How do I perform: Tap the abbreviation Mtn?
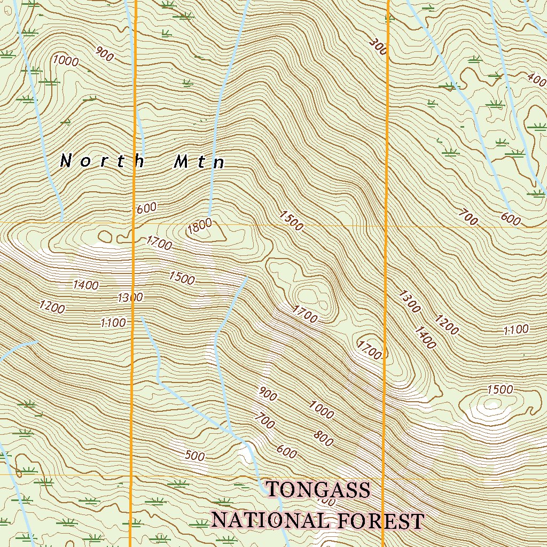(x=199, y=162)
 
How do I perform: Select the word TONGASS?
(x=318, y=489)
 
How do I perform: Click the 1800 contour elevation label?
(x=200, y=228)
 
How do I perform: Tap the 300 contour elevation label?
(x=378, y=47)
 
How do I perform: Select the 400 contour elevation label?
(x=536, y=80)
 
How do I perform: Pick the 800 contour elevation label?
(x=323, y=439)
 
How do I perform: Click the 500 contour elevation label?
(x=195, y=456)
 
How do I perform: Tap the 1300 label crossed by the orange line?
(x=130, y=297)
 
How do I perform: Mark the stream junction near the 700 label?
(x=230, y=430)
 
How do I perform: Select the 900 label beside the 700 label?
(x=268, y=395)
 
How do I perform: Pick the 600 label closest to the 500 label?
(x=287, y=452)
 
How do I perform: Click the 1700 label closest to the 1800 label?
(x=159, y=244)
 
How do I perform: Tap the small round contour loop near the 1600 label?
(x=104, y=236)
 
